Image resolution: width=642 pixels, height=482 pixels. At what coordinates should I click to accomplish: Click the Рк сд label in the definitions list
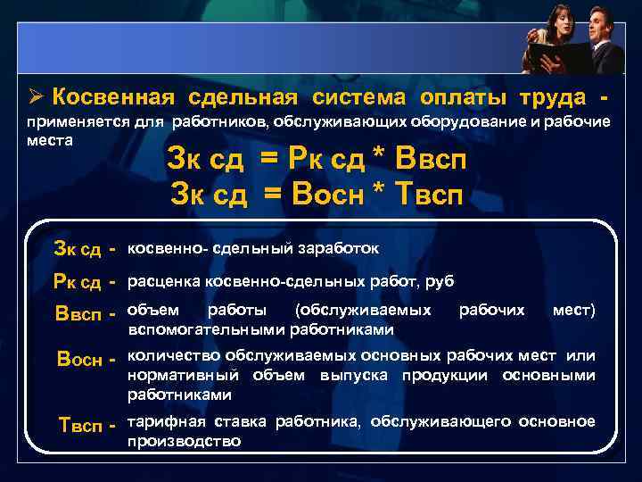coord(78,283)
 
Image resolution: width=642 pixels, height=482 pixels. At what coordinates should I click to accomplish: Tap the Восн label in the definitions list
coord(80,360)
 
